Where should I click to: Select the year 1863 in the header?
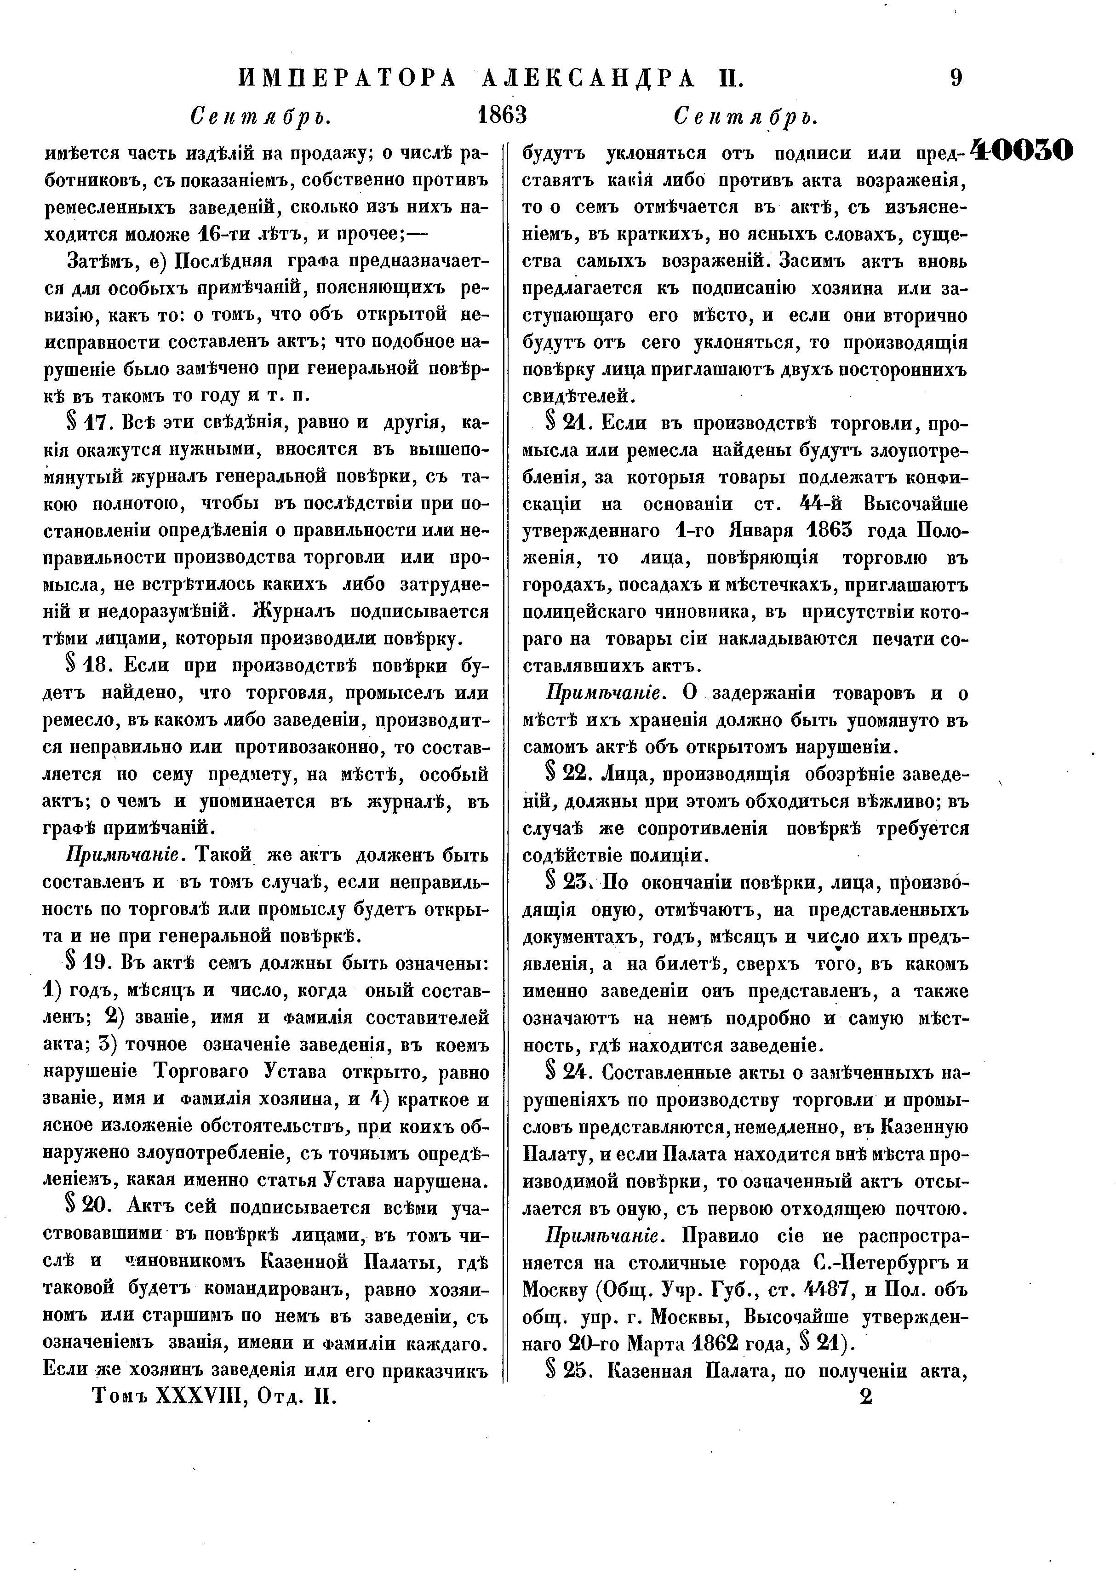point(502,115)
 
